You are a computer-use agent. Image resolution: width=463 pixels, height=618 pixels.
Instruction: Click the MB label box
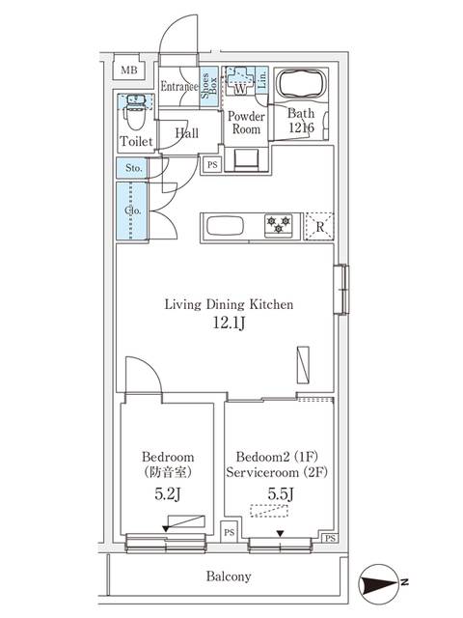(x=128, y=69)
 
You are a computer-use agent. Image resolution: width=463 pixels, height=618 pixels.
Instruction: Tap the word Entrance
(x=178, y=87)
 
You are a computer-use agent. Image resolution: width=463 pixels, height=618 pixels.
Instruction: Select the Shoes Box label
(x=208, y=88)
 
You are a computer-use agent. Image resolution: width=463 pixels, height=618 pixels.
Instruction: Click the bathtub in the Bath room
(x=303, y=85)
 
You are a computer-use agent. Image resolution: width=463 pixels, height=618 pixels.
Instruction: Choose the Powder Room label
(x=245, y=123)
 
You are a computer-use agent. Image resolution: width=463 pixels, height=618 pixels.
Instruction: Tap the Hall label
(x=187, y=133)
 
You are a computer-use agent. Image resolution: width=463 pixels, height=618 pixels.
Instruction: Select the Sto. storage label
(x=133, y=168)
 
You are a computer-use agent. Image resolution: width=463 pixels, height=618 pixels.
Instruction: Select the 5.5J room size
(x=276, y=493)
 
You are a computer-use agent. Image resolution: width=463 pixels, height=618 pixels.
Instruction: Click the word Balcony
(x=228, y=577)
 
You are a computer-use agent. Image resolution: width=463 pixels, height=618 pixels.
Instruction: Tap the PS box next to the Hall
(x=211, y=165)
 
